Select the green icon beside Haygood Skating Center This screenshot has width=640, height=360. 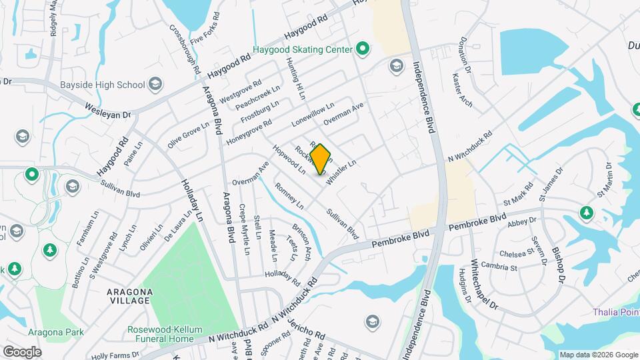(363, 48)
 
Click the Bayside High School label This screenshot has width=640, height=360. (111, 85)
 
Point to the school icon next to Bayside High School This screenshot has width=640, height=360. (155, 84)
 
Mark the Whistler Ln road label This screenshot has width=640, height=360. (343, 169)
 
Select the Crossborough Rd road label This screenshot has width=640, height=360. (185, 49)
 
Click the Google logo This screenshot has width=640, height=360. (21, 351)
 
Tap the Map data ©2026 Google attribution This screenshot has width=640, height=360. (598, 355)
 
